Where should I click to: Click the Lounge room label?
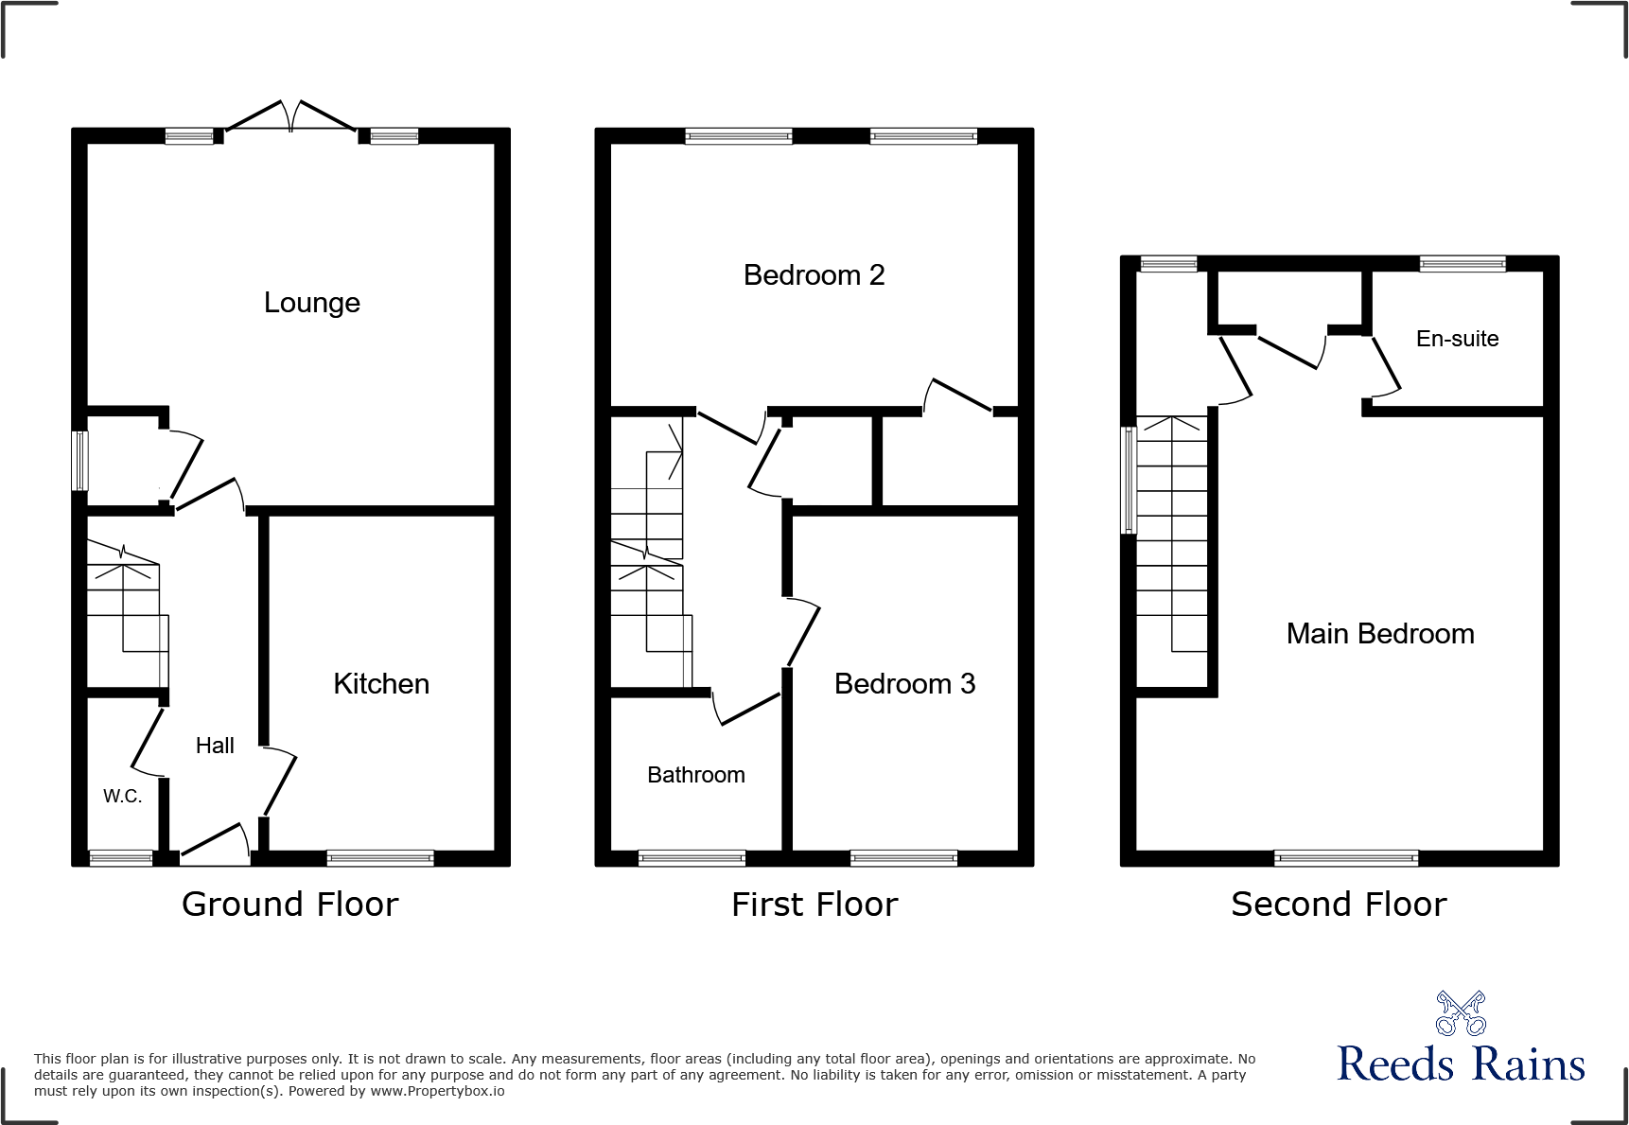(x=311, y=303)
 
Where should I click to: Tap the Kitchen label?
(x=381, y=684)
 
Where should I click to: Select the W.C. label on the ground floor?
(x=122, y=797)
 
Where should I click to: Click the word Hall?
(x=215, y=746)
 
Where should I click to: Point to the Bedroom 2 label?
(x=814, y=275)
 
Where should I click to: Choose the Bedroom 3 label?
(x=904, y=684)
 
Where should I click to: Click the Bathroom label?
(x=696, y=775)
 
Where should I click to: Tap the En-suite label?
(x=1457, y=339)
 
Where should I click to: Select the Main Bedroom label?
(x=1380, y=634)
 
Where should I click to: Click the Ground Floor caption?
(x=289, y=905)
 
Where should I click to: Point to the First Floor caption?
(x=814, y=905)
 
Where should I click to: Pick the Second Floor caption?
(x=1339, y=905)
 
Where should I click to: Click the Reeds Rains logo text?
(x=1461, y=1063)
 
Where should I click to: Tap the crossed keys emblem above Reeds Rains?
(x=1461, y=1013)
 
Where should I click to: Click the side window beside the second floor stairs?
(x=1128, y=480)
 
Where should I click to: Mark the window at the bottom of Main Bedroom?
(x=1345, y=858)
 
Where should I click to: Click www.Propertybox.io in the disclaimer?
(x=437, y=1091)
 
